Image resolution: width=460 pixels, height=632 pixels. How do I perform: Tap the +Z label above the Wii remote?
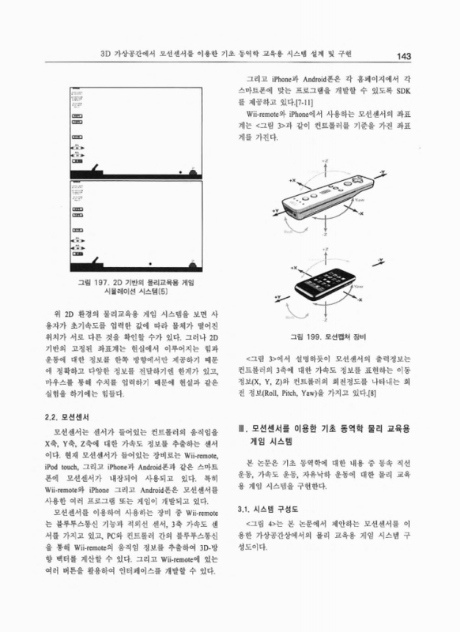tap(326, 161)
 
